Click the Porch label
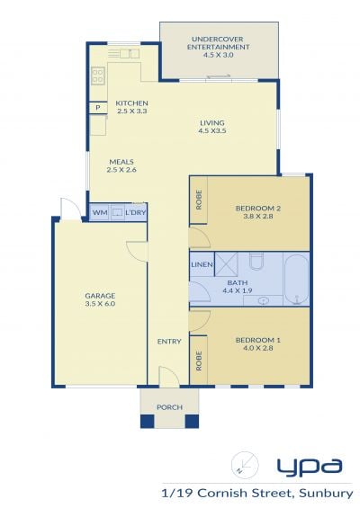[169, 407]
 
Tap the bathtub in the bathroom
[296, 280]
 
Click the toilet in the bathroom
[256, 262]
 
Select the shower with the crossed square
[227, 264]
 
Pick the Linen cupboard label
[202, 264]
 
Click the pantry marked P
[98, 108]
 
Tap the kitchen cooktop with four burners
[98, 76]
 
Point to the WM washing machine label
[100, 213]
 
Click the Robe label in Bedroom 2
[199, 200]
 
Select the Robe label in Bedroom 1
[199, 361]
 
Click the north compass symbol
[245, 465]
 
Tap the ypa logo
[310, 468]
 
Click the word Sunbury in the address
[326, 493]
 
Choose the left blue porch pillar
[147, 421]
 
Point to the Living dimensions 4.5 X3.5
[212, 131]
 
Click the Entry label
[169, 341]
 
